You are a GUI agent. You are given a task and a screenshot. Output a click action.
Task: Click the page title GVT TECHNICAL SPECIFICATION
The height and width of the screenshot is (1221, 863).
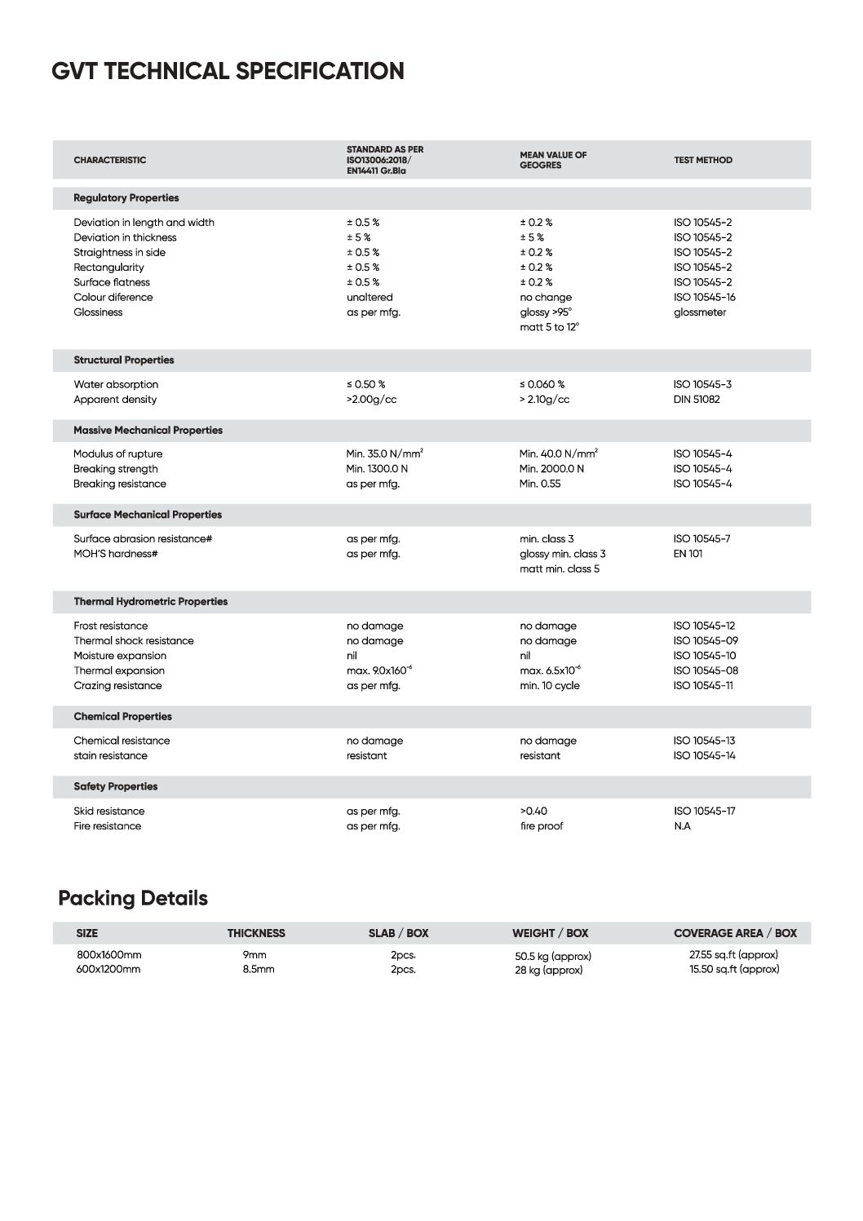coord(228,72)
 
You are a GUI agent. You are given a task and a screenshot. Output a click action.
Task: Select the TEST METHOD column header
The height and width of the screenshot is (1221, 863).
coord(702,161)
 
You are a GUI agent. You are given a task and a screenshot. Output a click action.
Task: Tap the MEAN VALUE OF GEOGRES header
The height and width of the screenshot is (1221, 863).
coord(553,160)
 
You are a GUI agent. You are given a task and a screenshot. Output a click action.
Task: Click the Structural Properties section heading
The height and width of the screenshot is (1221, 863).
coord(123,361)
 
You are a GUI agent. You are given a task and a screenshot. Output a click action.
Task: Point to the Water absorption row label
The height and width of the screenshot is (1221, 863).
coord(116,385)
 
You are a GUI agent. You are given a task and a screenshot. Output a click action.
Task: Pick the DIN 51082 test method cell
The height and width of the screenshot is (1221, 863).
coord(697,400)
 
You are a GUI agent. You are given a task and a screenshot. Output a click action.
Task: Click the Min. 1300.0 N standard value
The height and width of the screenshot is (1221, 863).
coord(377,469)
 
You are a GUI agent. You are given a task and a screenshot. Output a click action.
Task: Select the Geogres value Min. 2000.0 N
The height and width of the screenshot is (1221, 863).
coord(551,469)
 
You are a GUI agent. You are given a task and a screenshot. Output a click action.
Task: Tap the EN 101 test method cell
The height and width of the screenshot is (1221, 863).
coord(688,554)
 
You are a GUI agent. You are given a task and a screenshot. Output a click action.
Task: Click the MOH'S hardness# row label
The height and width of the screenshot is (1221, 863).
coord(115,554)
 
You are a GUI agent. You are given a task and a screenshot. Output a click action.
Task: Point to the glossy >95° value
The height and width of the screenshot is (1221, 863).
coord(546,312)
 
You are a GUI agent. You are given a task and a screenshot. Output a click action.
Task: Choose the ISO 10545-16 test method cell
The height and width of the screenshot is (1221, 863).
coord(704,298)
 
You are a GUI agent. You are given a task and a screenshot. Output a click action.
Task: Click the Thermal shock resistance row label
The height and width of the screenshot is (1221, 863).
coord(134,641)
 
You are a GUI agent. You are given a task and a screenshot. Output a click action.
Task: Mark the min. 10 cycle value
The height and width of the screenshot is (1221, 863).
coord(550,686)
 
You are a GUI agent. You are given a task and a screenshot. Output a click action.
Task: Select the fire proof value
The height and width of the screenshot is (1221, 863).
coord(542,826)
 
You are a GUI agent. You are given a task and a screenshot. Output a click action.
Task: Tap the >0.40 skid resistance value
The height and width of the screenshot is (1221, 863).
coord(533,812)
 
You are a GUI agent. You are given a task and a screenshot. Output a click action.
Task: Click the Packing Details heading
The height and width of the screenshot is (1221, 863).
coord(133,899)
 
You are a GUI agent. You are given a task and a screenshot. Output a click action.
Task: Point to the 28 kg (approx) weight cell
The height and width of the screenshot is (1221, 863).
coord(548,971)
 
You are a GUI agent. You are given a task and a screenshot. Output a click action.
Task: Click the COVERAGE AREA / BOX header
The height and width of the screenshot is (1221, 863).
coord(735,933)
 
